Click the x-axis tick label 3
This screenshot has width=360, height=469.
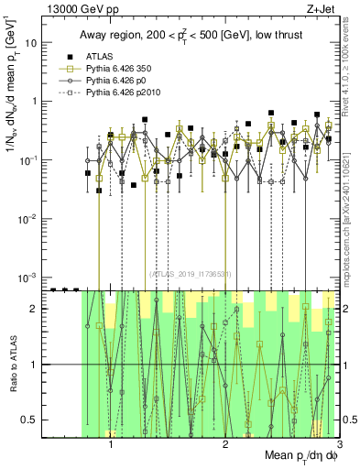click(x=339, y=444)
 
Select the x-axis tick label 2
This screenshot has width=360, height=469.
click(x=225, y=444)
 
